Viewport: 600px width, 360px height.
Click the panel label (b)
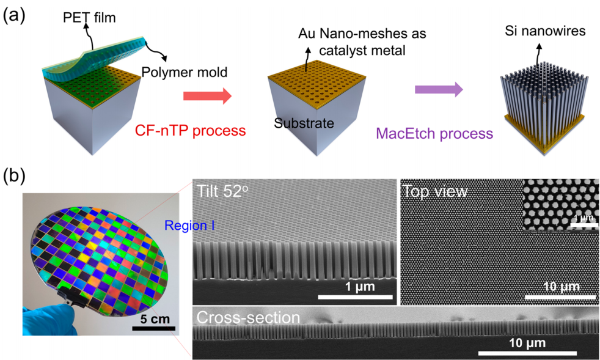[x=14, y=177]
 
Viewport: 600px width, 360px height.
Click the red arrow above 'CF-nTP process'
[x=208, y=95]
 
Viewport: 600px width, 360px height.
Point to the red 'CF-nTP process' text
[x=190, y=130]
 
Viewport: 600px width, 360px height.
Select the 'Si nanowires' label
[x=542, y=29]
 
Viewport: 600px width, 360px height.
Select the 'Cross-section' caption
[x=247, y=318]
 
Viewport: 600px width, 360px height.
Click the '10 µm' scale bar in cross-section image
[x=527, y=353]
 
